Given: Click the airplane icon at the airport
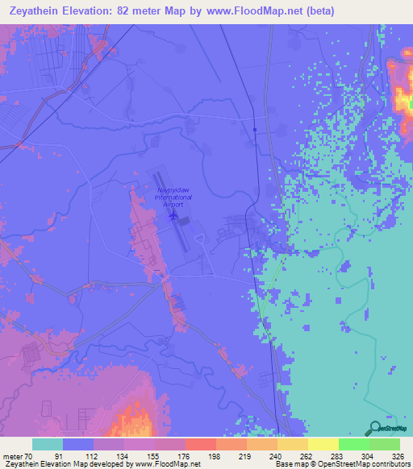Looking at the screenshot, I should tap(169, 214).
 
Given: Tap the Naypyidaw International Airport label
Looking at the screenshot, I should tap(173, 197).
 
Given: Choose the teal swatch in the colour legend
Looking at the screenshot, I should tap(48, 444).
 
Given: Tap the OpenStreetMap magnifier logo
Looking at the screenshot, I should tap(375, 427).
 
